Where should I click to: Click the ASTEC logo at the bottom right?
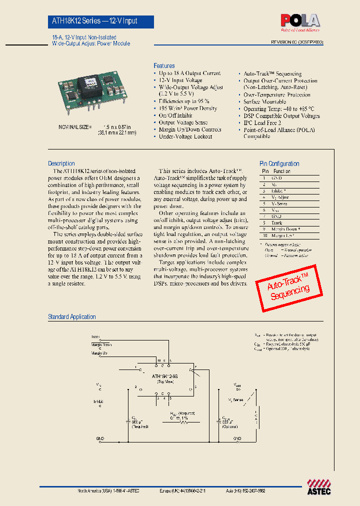[x=318, y=486]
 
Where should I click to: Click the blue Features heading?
[x=164, y=66]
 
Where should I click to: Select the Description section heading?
[x=61, y=163]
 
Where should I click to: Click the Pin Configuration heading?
[x=279, y=163]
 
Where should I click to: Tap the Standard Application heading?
[x=71, y=316]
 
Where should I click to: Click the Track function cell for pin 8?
[x=277, y=222]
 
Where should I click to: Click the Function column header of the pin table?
[x=282, y=171]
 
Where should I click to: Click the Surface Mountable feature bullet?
[x=264, y=101]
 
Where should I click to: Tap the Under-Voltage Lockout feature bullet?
[x=185, y=136]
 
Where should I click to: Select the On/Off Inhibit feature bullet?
[x=175, y=115]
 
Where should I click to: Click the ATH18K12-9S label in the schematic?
[x=165, y=374]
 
